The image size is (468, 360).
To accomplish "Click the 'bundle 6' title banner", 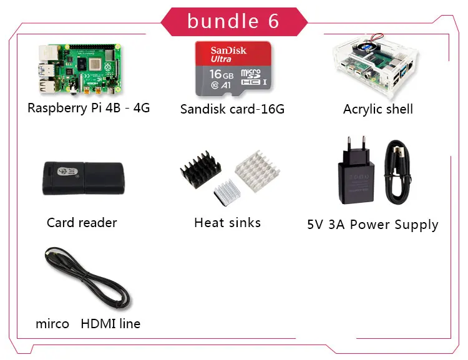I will [x=233, y=21].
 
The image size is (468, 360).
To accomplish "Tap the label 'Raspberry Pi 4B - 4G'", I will [x=89, y=107].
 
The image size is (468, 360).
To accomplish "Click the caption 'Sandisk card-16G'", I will [x=232, y=109].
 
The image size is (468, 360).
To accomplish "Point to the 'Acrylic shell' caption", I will [x=378, y=109].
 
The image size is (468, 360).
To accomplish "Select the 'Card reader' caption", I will [x=82, y=222].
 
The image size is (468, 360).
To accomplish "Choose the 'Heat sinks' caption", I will [x=227, y=222].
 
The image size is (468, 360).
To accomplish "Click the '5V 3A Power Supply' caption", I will [x=373, y=225].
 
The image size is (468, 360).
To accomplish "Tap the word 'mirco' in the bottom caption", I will [x=52, y=324].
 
